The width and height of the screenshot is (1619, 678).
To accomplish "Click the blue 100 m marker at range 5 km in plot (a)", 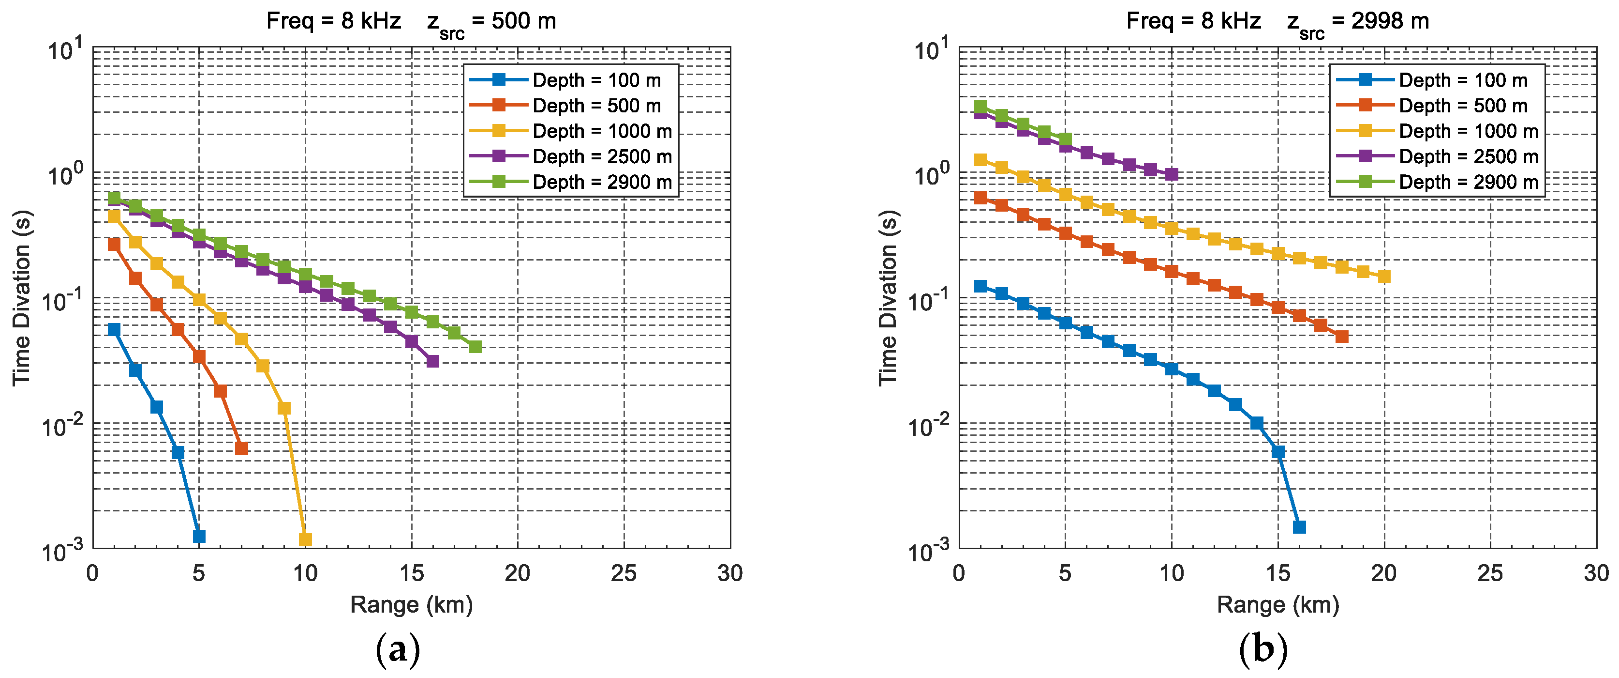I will (199, 536).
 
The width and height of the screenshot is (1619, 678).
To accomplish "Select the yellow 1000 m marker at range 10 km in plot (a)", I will (305, 539).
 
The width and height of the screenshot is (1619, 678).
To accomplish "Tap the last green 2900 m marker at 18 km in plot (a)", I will (476, 347).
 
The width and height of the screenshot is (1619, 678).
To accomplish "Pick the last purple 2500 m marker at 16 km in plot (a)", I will (433, 361).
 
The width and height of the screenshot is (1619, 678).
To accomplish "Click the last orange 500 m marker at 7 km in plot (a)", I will (241, 448).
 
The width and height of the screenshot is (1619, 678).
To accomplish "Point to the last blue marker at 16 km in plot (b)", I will (1299, 527).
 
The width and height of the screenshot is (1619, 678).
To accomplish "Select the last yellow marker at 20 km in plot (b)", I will (1384, 276).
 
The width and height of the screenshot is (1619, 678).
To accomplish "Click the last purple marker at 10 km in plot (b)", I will (1172, 174).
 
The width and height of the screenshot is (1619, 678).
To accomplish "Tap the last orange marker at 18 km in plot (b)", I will (1342, 337).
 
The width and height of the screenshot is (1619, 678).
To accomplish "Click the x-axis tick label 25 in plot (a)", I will (624, 573).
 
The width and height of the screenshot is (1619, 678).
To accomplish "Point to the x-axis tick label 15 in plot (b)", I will (1277, 573).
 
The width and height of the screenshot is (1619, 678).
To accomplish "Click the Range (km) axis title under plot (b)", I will (1277, 605).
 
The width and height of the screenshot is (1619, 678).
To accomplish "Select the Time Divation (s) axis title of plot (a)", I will (21, 297).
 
